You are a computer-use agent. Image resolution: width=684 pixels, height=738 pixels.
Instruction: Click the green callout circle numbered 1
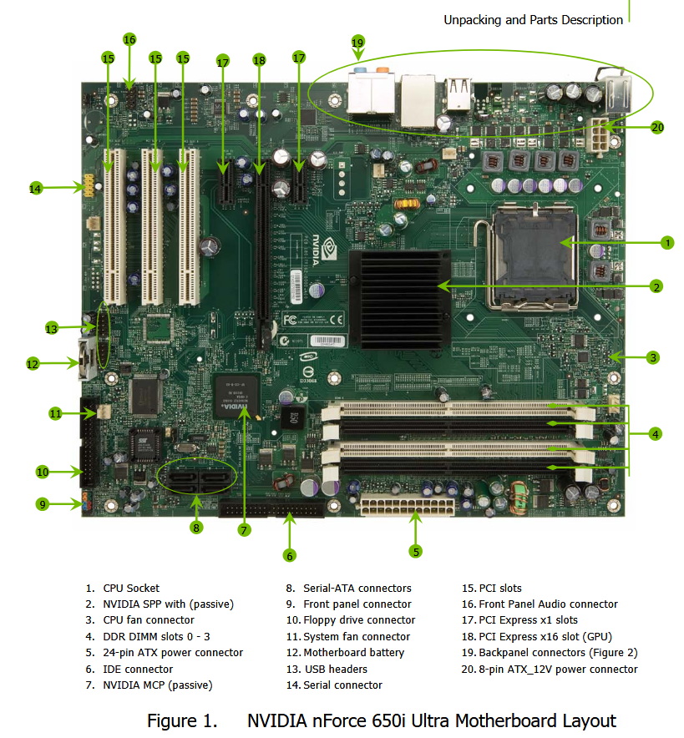(666, 243)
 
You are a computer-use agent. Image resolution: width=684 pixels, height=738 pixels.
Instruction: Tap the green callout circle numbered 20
(657, 128)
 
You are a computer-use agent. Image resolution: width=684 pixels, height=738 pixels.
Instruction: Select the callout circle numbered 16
(129, 39)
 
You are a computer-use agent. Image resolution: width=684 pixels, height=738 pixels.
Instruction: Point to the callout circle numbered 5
(416, 550)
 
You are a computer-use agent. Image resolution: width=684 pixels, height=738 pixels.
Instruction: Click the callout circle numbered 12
(33, 364)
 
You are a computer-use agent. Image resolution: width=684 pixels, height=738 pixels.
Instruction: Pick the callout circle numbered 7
(244, 529)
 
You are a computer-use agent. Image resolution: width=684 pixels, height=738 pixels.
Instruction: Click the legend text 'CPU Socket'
(131, 589)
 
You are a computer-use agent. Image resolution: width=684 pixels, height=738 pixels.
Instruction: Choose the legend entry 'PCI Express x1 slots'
(528, 620)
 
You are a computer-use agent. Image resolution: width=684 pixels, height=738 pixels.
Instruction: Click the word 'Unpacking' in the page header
(472, 20)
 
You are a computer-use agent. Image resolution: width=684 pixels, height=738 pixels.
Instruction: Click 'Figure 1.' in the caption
(182, 720)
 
